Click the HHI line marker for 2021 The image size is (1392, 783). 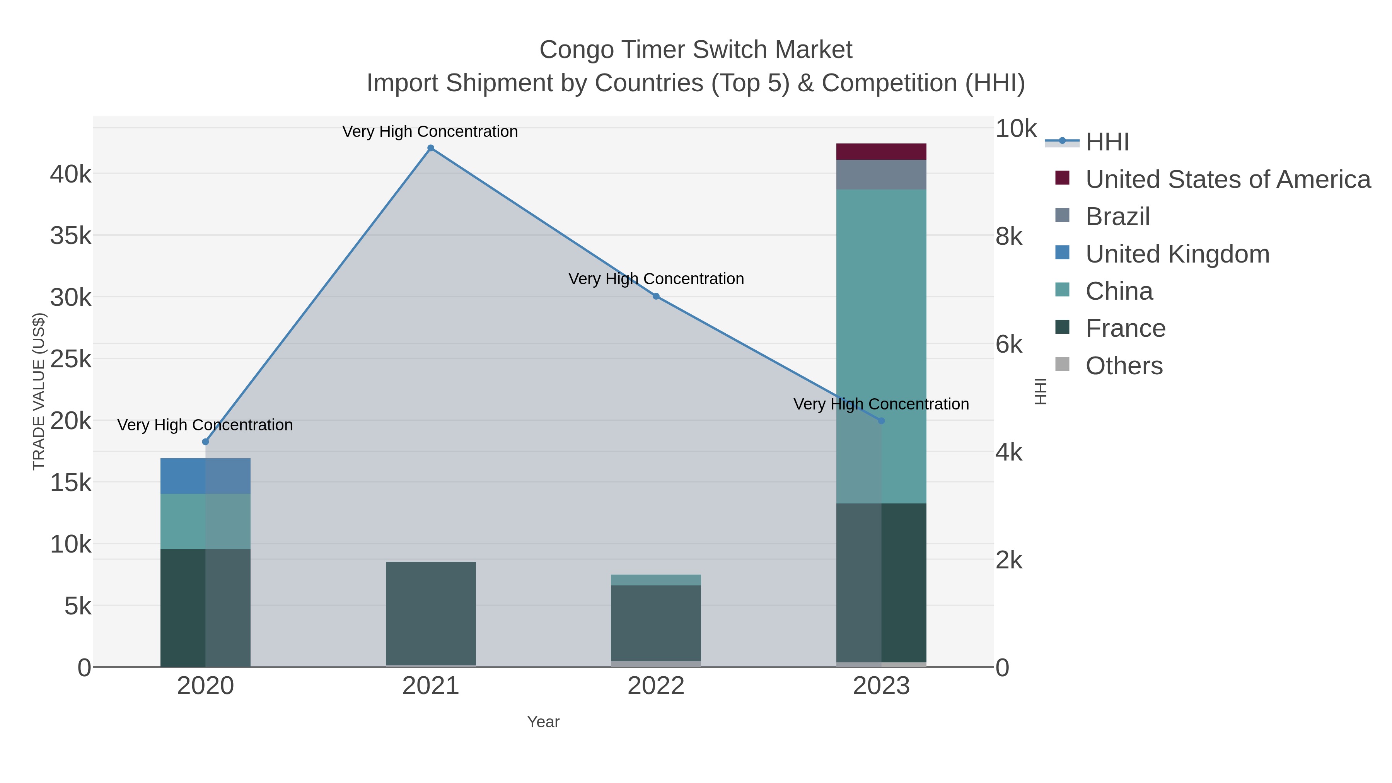(x=431, y=148)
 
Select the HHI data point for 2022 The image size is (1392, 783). (x=656, y=296)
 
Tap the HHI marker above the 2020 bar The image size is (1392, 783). (x=205, y=442)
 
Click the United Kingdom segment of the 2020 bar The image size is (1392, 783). (x=205, y=476)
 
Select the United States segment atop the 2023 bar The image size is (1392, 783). (x=881, y=152)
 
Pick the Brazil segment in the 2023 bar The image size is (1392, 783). (x=881, y=174)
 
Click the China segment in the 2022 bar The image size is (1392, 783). (x=656, y=580)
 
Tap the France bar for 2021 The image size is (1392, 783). (x=431, y=613)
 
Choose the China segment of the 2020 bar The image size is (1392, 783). (x=205, y=522)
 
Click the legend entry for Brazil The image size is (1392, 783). (x=1117, y=217)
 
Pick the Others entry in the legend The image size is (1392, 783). (x=1124, y=366)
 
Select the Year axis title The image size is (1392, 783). (x=543, y=722)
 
